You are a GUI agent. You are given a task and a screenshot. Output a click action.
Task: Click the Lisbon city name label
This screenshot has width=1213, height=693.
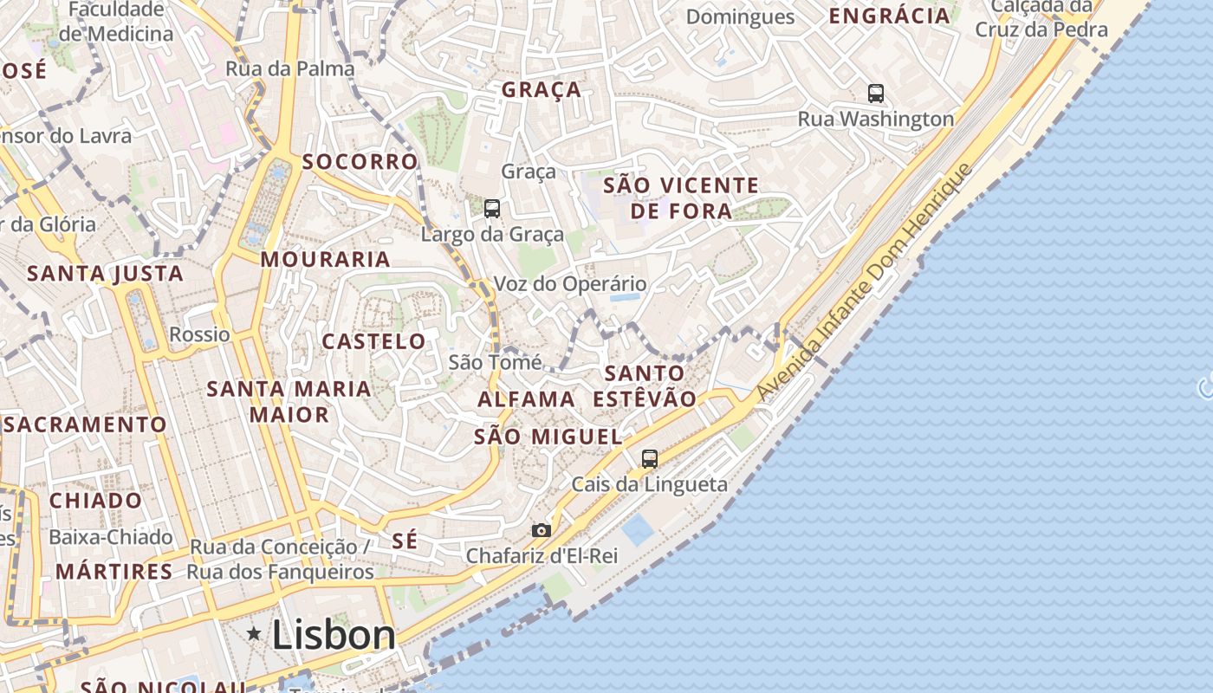pos(334,635)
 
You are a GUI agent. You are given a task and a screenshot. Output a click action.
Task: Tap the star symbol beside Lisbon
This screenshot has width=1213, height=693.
pos(254,634)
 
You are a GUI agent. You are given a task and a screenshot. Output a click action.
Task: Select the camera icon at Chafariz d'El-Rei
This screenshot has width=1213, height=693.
pos(541,530)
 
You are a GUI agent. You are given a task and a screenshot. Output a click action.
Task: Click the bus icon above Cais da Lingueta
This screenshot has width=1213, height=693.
pos(650,459)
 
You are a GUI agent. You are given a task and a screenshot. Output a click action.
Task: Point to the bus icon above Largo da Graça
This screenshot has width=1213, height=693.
pos(492,208)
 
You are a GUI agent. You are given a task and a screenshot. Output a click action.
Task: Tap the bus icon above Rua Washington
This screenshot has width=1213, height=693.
pos(876,93)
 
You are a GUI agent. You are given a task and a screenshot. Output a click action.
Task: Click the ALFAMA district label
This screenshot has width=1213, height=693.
pos(526,399)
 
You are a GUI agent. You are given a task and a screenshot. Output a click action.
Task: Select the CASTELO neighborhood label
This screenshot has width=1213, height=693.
pos(374,341)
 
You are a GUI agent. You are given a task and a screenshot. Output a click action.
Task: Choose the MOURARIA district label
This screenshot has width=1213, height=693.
pos(326,259)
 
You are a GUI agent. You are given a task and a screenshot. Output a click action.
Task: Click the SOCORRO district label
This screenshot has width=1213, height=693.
pos(360,162)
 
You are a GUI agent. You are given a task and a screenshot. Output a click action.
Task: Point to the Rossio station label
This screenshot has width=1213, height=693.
pos(200,334)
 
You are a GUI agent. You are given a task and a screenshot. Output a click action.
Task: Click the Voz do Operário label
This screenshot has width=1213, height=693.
pos(570,284)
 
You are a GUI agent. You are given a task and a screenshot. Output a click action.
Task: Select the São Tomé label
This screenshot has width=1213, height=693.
pos(495,362)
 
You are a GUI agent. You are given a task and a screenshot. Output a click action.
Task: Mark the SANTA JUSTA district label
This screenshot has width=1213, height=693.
pos(106,274)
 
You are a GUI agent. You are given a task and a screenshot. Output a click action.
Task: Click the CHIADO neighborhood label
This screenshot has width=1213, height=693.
pos(95,501)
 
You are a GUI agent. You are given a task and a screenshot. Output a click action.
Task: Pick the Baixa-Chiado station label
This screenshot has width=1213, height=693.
pos(111,537)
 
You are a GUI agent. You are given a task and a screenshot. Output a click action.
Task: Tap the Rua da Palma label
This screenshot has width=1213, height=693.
pos(290,68)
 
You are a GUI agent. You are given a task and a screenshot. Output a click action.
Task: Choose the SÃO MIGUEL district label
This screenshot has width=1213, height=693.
pos(548,437)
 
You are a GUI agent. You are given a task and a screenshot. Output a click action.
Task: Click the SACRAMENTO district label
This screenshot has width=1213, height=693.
pos(85,424)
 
